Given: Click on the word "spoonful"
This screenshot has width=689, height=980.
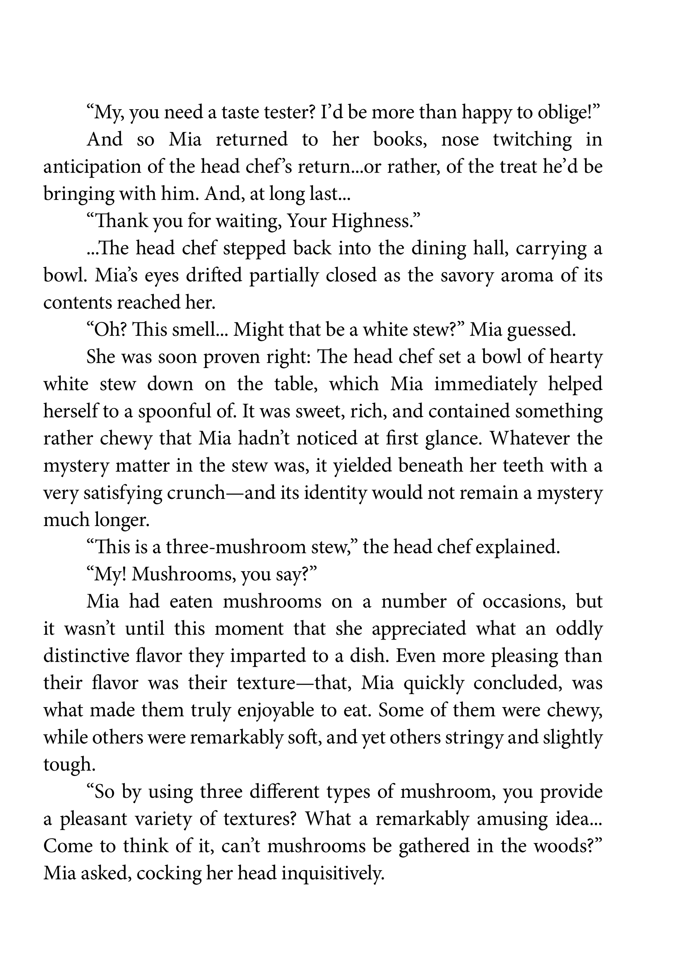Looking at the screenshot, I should pyautogui.click(x=181, y=412).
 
